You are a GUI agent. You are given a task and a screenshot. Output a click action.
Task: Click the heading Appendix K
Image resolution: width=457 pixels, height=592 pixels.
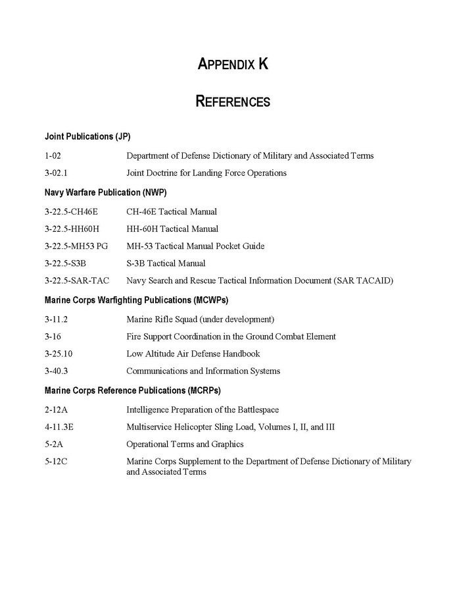pyautogui.click(x=233, y=64)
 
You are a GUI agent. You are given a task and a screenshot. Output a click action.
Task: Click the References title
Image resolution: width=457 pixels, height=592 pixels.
pyautogui.click(x=233, y=101)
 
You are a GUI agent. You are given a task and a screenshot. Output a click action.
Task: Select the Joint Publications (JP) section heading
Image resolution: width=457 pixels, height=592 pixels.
pyautogui.click(x=87, y=137)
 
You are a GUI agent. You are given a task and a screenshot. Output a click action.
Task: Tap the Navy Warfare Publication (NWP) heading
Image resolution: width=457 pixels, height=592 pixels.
pyautogui.click(x=105, y=193)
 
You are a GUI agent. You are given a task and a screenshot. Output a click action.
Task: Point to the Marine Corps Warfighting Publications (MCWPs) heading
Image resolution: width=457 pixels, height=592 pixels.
pyautogui.click(x=136, y=300)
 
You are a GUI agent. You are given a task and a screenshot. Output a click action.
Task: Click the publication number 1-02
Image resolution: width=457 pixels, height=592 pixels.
pyautogui.click(x=53, y=156)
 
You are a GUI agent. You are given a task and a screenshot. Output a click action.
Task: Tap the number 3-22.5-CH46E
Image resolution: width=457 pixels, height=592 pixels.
pyautogui.click(x=71, y=212)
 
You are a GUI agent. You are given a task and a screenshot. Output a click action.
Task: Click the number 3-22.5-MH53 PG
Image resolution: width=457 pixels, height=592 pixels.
pyautogui.click(x=76, y=246)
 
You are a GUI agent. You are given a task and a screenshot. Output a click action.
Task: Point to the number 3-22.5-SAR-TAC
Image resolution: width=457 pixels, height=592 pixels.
pyautogui.click(x=77, y=281)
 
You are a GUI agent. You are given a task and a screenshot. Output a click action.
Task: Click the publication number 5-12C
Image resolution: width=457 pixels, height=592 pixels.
pyautogui.click(x=56, y=461)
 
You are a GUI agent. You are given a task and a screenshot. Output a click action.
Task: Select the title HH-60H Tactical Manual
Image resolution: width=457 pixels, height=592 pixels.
pyautogui.click(x=172, y=229)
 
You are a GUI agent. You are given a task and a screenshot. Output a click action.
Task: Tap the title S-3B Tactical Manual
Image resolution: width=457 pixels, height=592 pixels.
pyautogui.click(x=166, y=263)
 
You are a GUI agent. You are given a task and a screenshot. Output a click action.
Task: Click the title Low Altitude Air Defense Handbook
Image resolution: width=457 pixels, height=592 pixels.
pyautogui.click(x=193, y=354)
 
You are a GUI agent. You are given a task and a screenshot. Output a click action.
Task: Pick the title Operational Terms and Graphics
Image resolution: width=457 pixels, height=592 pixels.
pyautogui.click(x=185, y=444)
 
